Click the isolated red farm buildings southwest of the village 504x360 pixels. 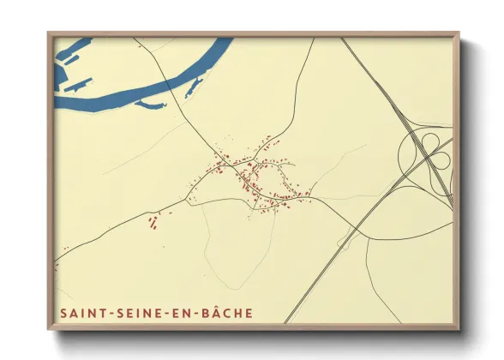tap(153, 224)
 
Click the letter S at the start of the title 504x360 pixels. tap(63, 313)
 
